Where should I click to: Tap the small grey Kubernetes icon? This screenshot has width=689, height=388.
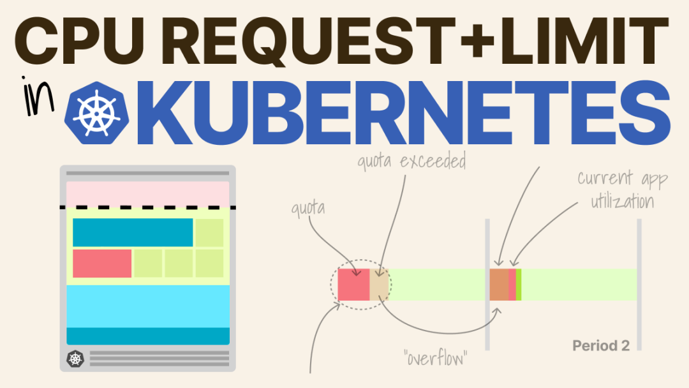(75, 359)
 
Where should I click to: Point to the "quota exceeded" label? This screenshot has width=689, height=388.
(411, 161)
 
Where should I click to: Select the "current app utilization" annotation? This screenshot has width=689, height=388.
(623, 190)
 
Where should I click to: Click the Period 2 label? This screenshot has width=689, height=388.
(600, 346)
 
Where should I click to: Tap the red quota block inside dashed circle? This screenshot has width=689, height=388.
(353, 285)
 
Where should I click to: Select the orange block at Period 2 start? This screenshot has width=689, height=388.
(499, 285)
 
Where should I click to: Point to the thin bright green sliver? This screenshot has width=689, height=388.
(519, 285)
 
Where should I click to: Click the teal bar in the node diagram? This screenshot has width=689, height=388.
(133, 232)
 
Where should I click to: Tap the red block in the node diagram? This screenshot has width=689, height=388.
(102, 264)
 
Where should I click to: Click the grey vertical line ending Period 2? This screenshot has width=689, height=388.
(639, 285)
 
